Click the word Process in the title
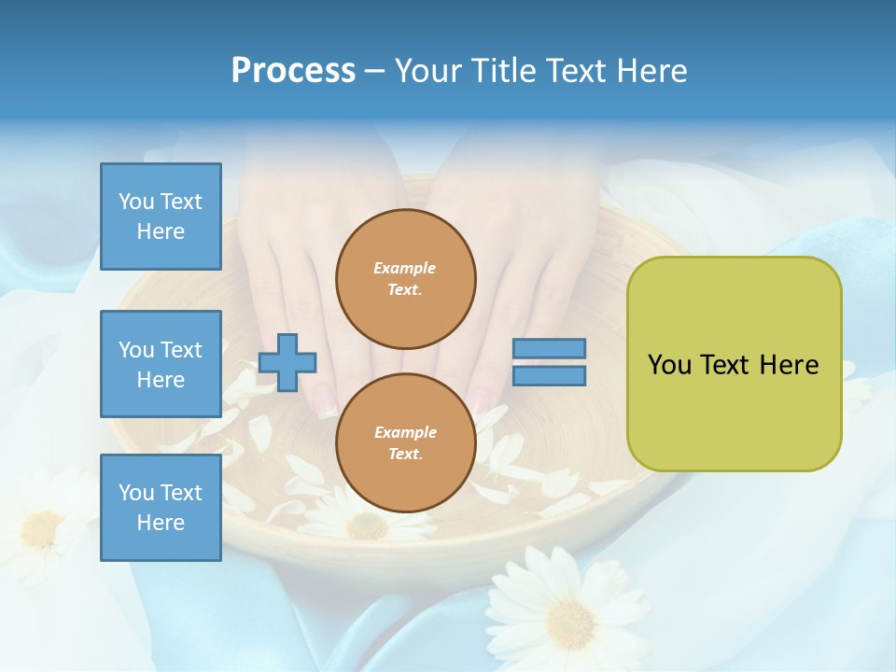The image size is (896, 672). tap(293, 71)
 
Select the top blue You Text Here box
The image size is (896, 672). tap(161, 217)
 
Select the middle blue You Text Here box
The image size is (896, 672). tap(161, 364)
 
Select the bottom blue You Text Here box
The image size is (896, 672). tap(161, 508)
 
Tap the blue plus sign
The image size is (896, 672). tap(287, 362)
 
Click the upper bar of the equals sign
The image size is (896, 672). tap(549, 348)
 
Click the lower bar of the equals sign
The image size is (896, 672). tap(549, 376)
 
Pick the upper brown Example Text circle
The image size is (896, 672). tap(405, 279)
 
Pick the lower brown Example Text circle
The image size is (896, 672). tap(405, 443)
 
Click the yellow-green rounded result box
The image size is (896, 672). tap(734, 411)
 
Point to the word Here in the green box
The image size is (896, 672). tap(789, 365)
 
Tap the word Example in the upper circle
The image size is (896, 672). tap(405, 268)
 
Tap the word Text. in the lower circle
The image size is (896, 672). tap(405, 455)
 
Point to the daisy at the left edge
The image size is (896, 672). tap(37, 527)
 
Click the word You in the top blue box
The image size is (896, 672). tap(136, 202)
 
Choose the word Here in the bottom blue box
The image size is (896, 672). tap(161, 523)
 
